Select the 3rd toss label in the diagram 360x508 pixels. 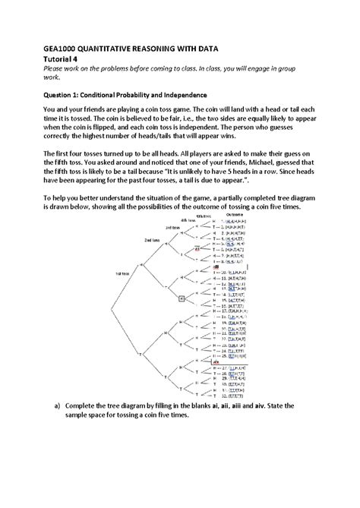[x=172, y=227]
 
